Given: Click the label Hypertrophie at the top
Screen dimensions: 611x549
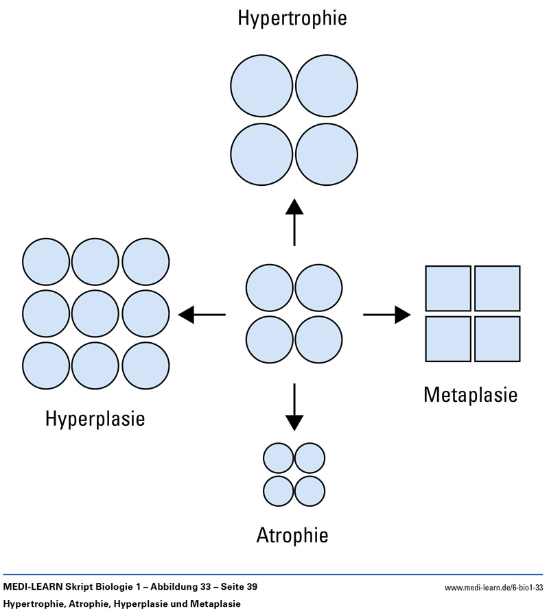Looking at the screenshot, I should point(292,19).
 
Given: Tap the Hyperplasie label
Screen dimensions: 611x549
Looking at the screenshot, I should point(95,418).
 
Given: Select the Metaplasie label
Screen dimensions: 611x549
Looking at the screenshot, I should point(470,395).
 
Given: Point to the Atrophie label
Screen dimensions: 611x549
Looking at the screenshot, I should point(292,535).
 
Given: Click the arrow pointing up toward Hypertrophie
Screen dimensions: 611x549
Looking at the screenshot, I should point(294,222).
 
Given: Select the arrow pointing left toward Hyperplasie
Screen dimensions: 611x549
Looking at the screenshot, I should point(202,315).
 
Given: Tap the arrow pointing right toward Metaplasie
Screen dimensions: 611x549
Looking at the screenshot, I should point(387,315).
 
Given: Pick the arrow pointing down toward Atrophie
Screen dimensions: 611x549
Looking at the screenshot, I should point(294,406).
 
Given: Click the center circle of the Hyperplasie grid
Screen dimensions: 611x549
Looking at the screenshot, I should point(95,314).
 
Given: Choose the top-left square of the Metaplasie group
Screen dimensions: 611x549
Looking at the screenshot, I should point(448,288).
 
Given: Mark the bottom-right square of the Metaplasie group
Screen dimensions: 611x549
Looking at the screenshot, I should point(497,339).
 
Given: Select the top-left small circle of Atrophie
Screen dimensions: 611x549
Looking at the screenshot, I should point(279,458).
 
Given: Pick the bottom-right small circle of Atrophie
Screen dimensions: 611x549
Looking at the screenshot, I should point(309,490).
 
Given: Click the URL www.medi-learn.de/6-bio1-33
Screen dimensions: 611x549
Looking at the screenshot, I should point(493,587).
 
